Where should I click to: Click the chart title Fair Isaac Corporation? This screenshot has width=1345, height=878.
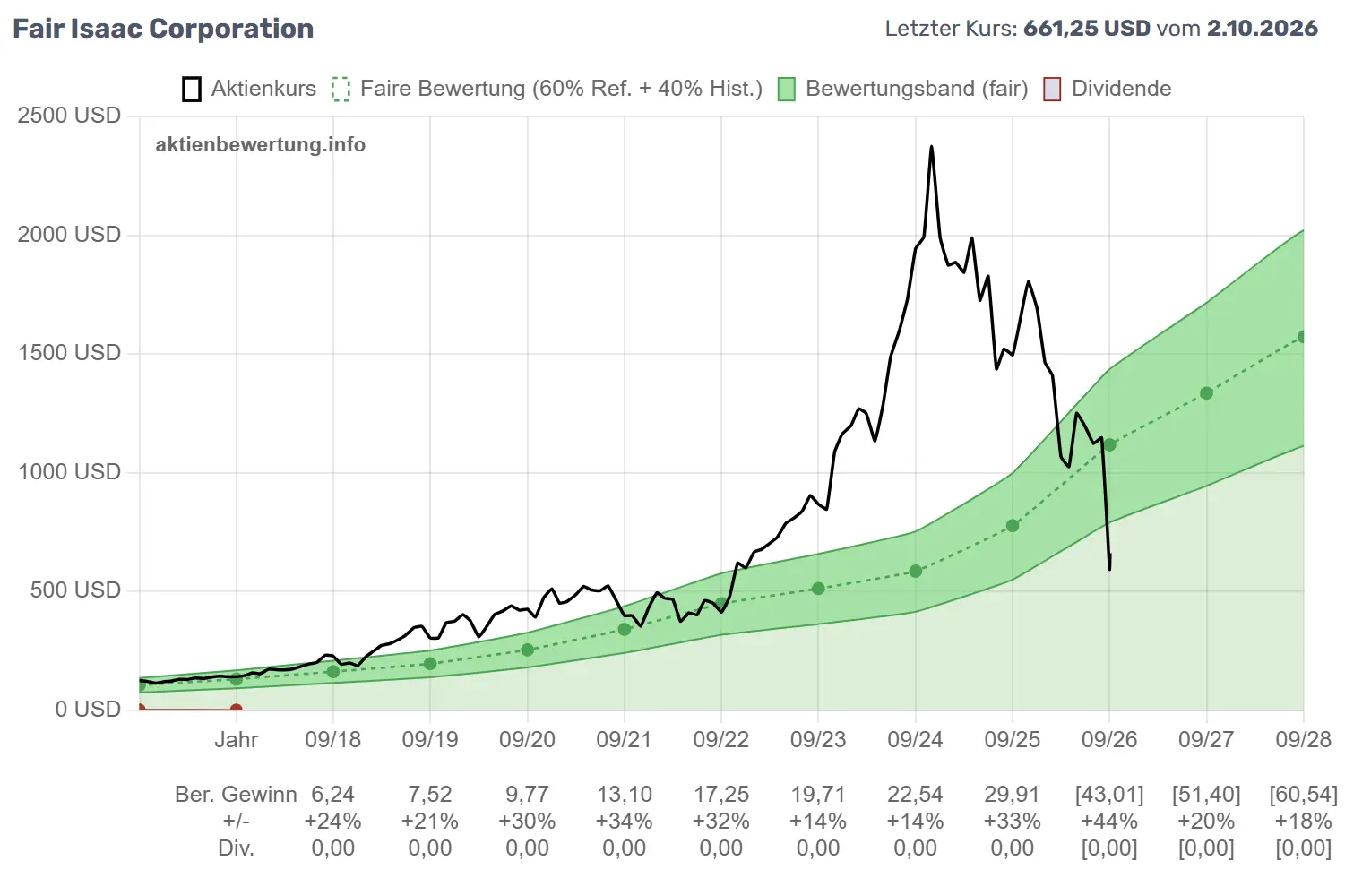[x=163, y=29]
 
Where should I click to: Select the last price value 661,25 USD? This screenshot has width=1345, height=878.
[x=1087, y=29]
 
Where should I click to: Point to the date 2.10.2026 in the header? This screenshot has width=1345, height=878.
[x=1263, y=29]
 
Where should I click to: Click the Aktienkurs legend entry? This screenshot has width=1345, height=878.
[x=249, y=89]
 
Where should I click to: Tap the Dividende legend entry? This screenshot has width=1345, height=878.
[x=1108, y=89]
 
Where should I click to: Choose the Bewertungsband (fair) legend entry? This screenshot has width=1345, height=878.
[x=902, y=89]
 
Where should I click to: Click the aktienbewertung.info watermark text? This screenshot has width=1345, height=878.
[x=261, y=145]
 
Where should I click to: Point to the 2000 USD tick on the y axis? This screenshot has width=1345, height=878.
[x=69, y=234]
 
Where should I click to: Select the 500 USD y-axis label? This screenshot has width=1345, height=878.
[x=75, y=590]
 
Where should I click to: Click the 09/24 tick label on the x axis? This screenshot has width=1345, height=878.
[x=915, y=739]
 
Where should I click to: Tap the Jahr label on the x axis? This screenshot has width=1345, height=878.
[x=237, y=739]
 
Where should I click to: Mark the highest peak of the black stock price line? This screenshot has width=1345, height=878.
[x=931, y=147]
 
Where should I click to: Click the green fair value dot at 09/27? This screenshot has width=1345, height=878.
[x=1206, y=393]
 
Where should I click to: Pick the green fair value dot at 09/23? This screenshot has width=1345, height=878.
[x=818, y=589]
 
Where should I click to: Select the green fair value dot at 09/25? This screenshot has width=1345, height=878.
[x=1013, y=526]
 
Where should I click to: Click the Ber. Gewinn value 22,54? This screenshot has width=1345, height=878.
[x=915, y=795]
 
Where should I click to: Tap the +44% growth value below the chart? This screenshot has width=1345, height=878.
[x=1109, y=821]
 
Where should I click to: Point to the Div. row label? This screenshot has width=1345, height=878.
[x=236, y=848]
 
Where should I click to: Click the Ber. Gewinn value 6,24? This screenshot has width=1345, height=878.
[x=332, y=795]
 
